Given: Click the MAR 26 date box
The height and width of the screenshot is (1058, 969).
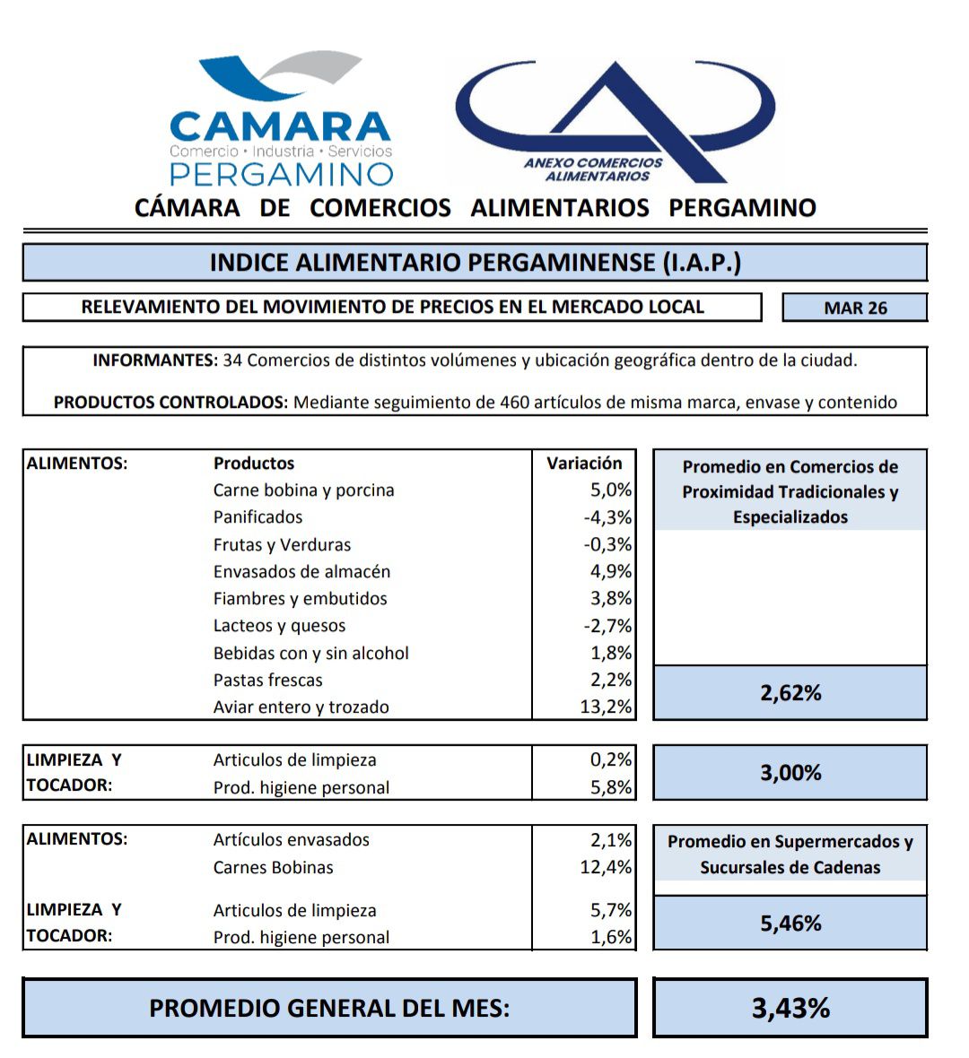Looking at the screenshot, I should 854,308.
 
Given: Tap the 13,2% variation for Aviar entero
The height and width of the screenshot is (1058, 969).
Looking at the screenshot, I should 606,707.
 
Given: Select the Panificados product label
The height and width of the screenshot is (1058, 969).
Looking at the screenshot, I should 258,517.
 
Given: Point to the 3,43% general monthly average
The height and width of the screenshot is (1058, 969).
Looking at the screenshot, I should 790,1008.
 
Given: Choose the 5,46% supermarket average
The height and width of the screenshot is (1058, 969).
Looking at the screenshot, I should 790,924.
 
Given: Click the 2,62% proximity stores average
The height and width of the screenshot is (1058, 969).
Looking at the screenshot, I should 790,693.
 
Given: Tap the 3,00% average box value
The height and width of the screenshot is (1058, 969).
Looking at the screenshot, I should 790,773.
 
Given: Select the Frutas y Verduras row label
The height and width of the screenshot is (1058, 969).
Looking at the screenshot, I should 282,544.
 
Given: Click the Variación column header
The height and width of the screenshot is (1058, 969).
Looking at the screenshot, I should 584,464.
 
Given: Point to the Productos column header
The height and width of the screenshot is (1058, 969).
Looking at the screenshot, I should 254,464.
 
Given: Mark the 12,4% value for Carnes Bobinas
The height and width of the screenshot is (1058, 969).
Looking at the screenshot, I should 606,867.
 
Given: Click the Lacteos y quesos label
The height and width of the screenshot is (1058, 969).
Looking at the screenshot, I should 279,626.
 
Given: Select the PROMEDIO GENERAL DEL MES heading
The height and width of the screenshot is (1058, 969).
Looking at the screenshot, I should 329,1008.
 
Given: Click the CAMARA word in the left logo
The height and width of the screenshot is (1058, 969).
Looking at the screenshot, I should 280,126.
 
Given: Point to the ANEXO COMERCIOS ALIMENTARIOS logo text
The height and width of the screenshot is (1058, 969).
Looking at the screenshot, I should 593,169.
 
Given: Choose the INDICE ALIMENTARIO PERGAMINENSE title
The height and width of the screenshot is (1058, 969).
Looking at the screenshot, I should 475,263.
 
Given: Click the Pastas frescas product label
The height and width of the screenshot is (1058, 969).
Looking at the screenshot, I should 267,680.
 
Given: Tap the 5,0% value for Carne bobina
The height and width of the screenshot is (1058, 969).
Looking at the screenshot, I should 610,490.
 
